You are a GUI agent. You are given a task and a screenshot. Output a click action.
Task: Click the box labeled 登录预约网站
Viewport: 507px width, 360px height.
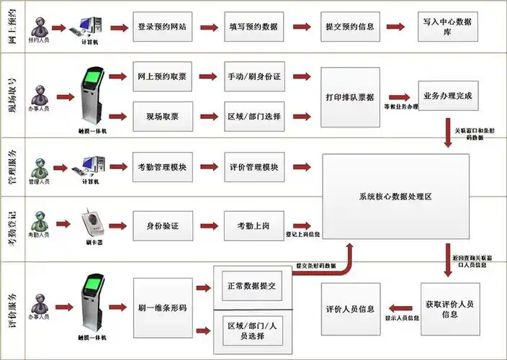[162, 27]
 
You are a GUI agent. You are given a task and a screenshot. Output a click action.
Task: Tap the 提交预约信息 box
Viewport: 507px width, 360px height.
[349, 27]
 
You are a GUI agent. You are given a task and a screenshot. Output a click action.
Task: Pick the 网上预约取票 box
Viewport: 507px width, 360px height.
[162, 77]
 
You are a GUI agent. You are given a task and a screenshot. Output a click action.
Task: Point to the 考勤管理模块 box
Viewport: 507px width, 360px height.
[162, 168]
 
